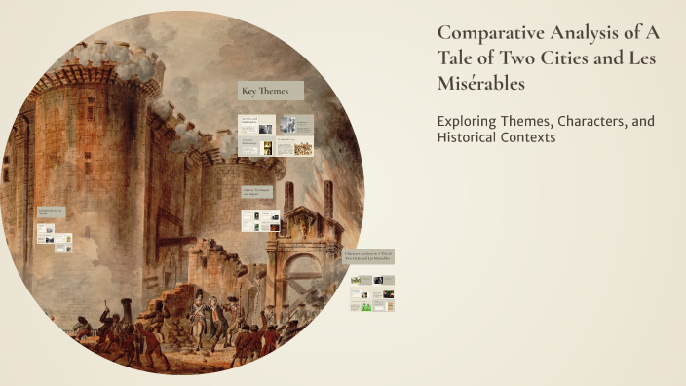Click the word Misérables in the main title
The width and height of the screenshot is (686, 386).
coord(481,84)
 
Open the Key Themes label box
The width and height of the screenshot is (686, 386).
coord(270,92)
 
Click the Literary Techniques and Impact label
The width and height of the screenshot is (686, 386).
coord(257,191)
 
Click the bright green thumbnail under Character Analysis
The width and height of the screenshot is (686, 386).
coord(366,305)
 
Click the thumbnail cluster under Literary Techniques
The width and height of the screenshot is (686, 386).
coord(260,220)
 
